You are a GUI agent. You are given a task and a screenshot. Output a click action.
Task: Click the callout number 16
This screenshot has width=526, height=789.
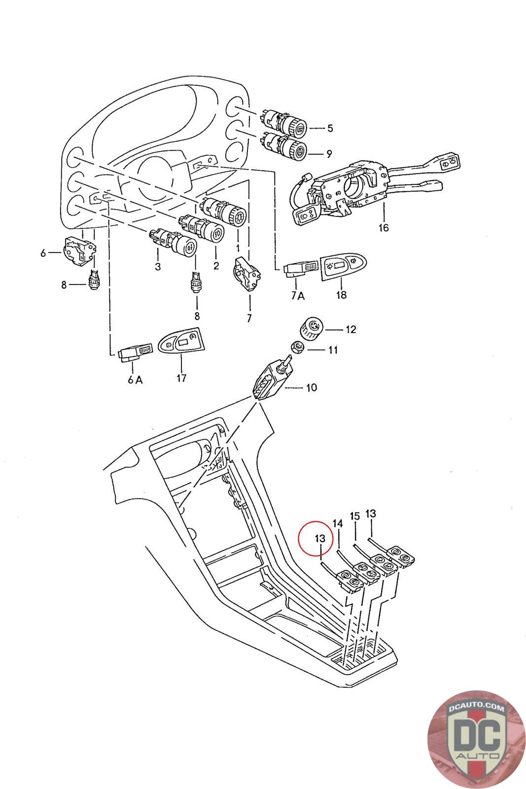(x=384, y=227)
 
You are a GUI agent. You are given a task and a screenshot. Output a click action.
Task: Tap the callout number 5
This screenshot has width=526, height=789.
(x=330, y=128)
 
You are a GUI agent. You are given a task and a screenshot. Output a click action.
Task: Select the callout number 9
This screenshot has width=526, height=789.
(x=329, y=154)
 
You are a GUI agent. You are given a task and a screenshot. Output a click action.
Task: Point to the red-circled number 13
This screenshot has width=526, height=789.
(x=319, y=538)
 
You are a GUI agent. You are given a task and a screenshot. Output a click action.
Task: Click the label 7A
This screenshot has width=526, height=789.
(x=298, y=296)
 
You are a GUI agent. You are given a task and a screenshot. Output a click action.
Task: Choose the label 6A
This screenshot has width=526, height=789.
(x=135, y=379)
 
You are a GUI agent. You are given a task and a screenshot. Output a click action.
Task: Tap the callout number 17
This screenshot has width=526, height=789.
(x=181, y=378)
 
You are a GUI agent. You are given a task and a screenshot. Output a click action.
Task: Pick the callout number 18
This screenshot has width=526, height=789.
(x=341, y=294)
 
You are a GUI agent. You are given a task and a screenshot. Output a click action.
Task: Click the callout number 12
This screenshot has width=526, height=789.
(x=351, y=329)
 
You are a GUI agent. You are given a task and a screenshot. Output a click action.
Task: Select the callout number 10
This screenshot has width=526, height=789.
(x=312, y=388)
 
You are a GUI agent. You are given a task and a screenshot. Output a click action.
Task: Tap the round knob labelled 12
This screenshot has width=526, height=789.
(x=311, y=329)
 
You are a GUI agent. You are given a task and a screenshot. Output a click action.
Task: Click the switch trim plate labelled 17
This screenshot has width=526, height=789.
(x=182, y=341)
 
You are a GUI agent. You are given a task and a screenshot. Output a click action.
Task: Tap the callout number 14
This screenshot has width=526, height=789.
(x=338, y=523)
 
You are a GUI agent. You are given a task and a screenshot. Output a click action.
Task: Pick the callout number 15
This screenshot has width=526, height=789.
(x=355, y=516)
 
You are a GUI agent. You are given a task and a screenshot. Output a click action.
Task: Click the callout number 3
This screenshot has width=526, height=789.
(x=158, y=266)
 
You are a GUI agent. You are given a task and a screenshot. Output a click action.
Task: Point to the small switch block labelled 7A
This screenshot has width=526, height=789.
(x=301, y=269)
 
